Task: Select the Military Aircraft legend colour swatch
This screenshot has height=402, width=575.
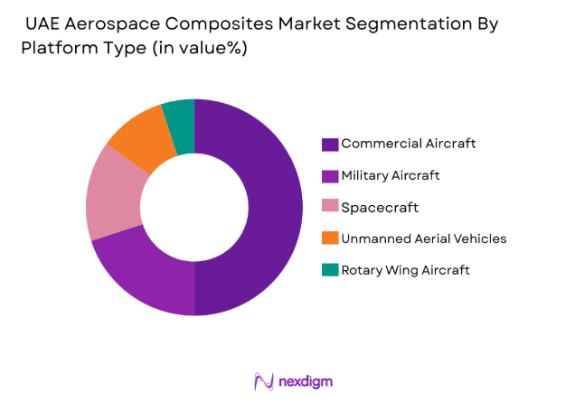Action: point(330,176)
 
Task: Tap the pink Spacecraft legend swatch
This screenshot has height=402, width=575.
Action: point(330,208)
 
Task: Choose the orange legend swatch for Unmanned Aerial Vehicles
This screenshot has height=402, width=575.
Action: point(330,239)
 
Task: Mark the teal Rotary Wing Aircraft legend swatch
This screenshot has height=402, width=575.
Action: point(330,271)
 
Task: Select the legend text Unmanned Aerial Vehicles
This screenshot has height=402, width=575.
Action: point(423,238)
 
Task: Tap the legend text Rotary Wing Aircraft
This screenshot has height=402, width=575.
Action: point(405,270)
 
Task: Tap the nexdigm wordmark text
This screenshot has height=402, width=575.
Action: point(306,381)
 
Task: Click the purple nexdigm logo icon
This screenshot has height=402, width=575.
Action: point(264,381)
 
